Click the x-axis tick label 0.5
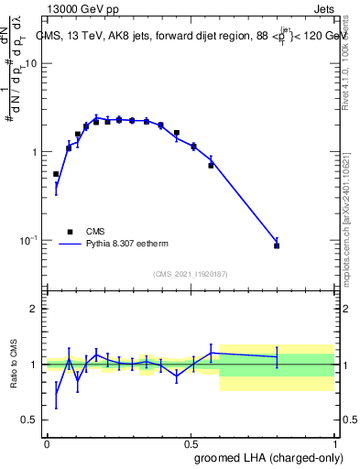coord(191,443)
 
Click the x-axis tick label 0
coord(48,443)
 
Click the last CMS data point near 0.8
coord(277,245)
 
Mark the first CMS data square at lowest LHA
coord(56,174)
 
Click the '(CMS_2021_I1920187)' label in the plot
coord(191,273)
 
